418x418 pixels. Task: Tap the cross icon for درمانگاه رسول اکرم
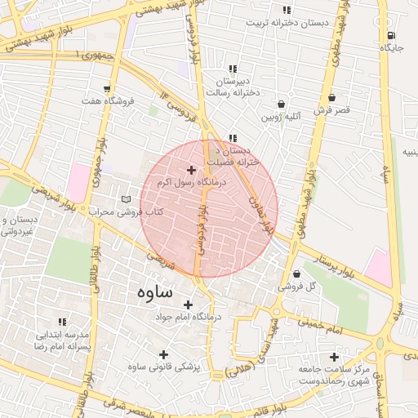[x=191, y=170]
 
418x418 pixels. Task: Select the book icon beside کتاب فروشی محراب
[x=125, y=199]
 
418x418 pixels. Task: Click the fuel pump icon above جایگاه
[x=391, y=35]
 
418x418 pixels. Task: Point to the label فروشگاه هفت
[x=107, y=101]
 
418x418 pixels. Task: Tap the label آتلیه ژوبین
[x=281, y=117]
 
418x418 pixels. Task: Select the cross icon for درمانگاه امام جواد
[x=188, y=305]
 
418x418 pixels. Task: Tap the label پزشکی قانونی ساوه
[x=163, y=367]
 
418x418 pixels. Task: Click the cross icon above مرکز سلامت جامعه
[x=334, y=357]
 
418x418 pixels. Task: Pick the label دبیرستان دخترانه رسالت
[x=237, y=87]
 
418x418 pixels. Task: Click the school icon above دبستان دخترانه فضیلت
[x=233, y=138]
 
